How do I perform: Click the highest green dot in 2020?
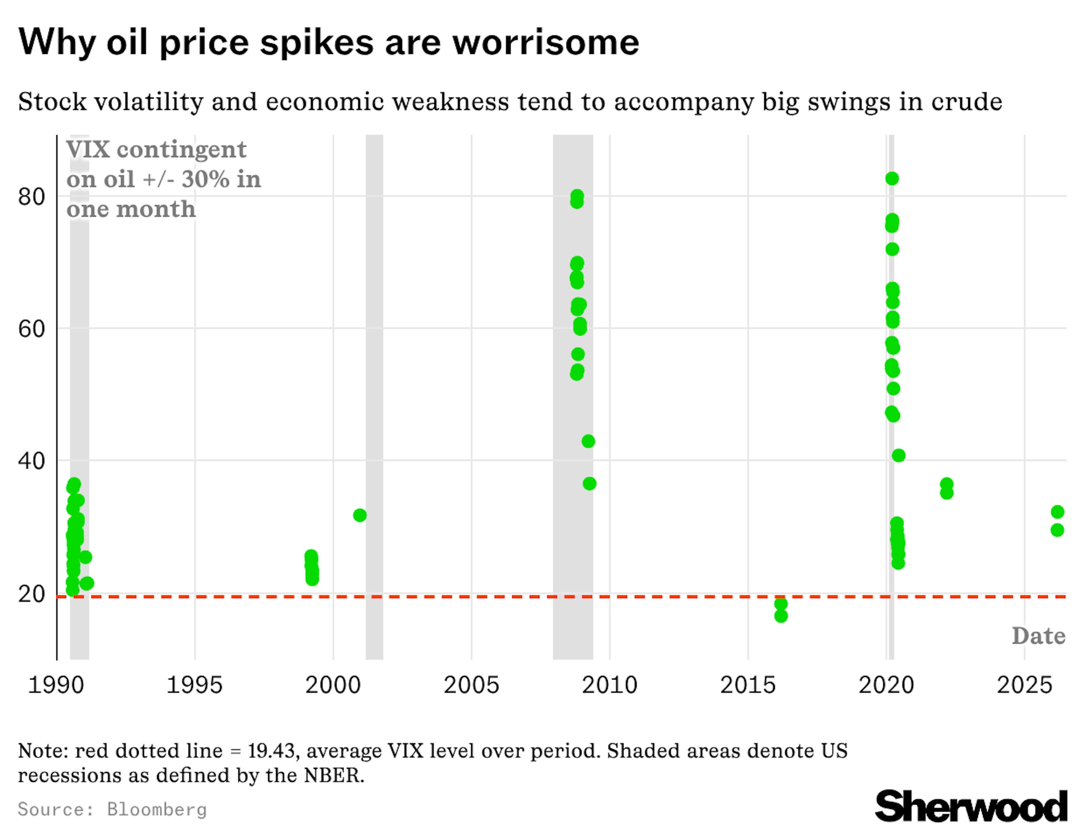892,178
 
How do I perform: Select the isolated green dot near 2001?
360,515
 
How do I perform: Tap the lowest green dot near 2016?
781,616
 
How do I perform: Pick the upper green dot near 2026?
1057,512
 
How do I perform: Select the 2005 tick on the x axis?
471,685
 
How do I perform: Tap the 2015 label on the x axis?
748,685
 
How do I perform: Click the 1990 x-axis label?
56,685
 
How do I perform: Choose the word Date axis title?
1038,636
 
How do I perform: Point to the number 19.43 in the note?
271,751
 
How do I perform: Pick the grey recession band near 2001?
375,398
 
